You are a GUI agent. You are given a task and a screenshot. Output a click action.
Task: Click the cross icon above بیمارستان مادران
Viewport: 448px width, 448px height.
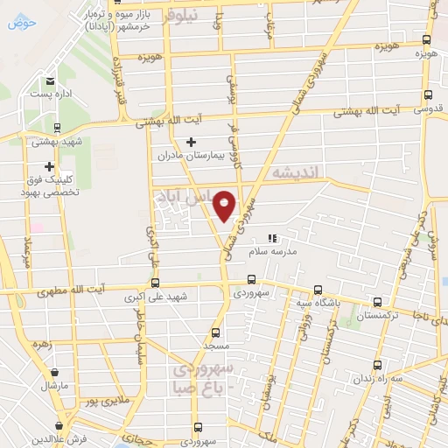click(192, 142)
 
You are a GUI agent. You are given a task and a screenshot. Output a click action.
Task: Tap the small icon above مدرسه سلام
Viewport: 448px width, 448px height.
click(272, 237)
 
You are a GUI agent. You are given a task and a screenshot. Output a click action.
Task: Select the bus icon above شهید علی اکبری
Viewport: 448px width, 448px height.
click(155, 283)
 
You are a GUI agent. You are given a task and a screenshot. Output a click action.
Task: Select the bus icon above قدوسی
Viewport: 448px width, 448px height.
click(427, 95)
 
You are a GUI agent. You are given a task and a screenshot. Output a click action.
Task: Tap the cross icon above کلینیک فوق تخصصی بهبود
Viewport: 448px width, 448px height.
click(50, 166)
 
